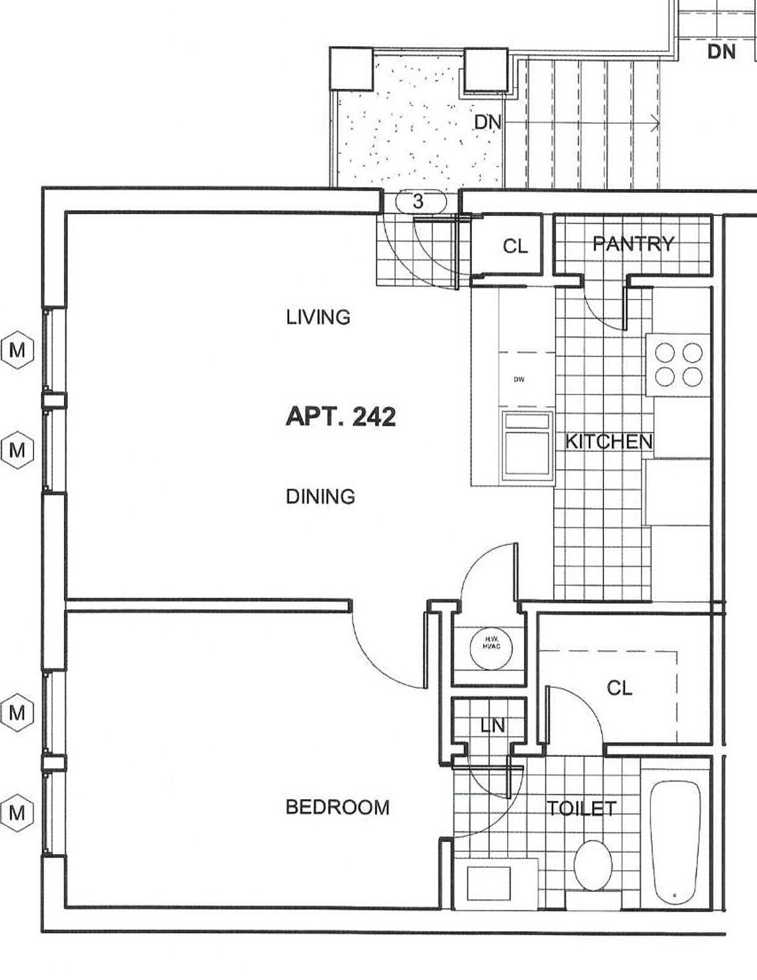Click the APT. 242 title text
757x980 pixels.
[x=341, y=416]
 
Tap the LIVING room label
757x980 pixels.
[x=318, y=317]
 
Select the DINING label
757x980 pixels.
[x=320, y=496]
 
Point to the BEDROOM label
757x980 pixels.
[x=338, y=807]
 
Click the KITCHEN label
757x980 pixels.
[x=609, y=442]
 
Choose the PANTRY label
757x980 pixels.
[x=634, y=244]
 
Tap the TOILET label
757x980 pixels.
[x=582, y=808]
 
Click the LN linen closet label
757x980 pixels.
[x=493, y=725]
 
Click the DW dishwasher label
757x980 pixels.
[x=519, y=379]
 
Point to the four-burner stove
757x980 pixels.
[x=678, y=364]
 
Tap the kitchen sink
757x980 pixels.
[x=527, y=446]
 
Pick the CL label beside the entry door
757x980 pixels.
[x=515, y=247]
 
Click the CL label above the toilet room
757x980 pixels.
[x=620, y=689]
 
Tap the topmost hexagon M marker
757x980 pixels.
[x=17, y=350]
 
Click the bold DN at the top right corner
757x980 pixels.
[x=721, y=52]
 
